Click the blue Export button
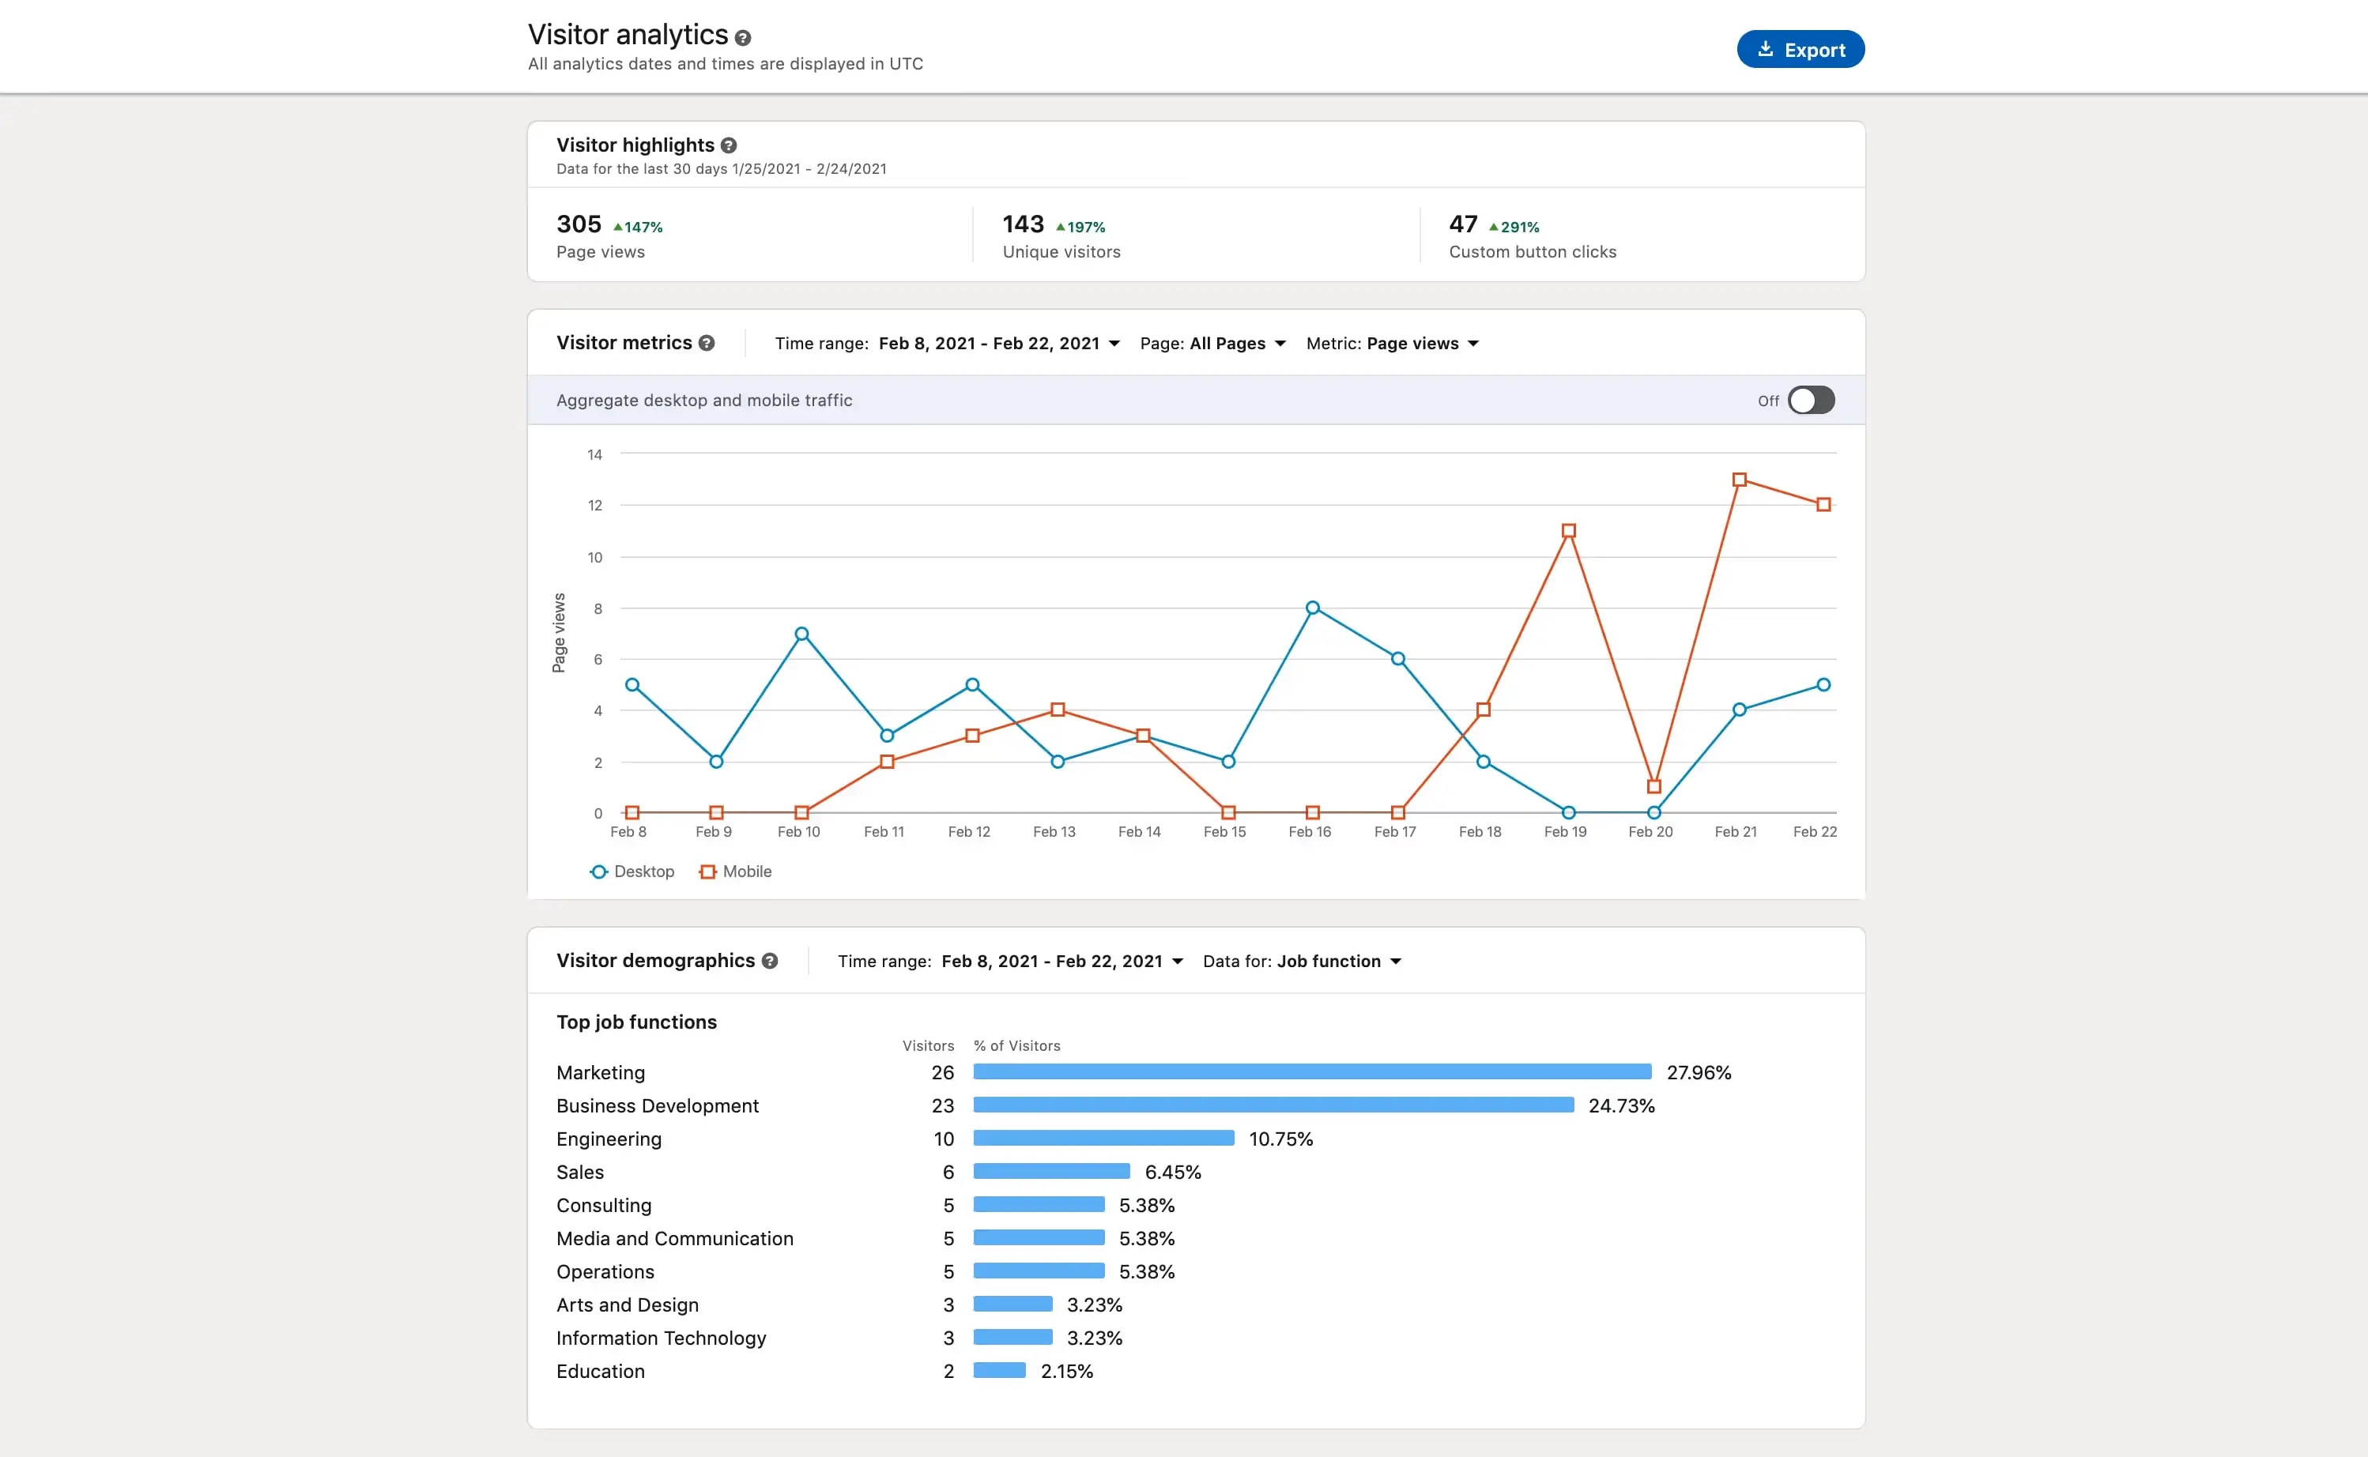coord(1800,49)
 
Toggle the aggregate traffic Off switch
coord(1810,400)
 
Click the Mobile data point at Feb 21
coord(1739,480)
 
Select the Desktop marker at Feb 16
coord(1312,608)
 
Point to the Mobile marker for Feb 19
coord(1568,531)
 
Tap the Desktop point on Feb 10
coord(801,634)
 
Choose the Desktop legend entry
coord(632,871)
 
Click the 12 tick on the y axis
coord(594,506)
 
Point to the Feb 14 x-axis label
coord(1138,831)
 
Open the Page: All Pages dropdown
coord(1212,344)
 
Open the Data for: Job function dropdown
coord(1301,962)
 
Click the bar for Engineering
coord(1103,1138)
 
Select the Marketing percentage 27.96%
coord(1699,1072)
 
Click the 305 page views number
coord(579,224)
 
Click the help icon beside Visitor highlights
coord(729,145)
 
